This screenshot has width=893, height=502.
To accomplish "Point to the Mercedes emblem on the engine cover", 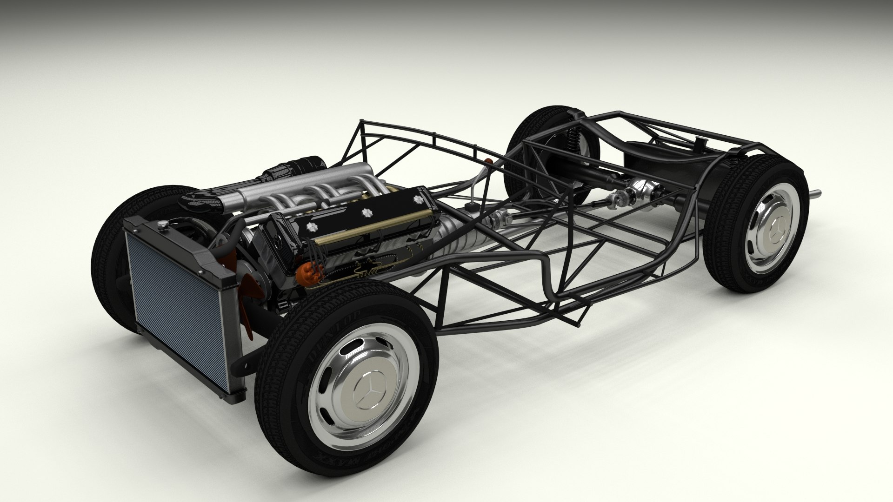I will click(278, 241).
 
